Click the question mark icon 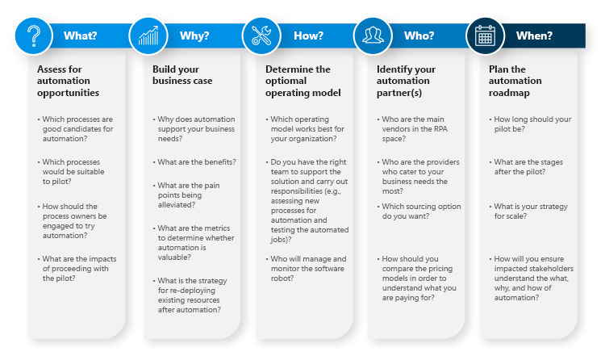34,36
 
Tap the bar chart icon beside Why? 148,36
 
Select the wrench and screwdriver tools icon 261,36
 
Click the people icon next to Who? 373,36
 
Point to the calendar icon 485,36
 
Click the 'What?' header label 80,36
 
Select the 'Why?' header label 194,36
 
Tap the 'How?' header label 308,36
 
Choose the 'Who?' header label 419,36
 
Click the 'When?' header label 534,36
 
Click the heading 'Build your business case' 182,75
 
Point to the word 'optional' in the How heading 286,81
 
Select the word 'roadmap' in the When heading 509,93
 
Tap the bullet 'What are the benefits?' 194,162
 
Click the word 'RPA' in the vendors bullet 440,129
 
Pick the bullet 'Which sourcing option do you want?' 419,211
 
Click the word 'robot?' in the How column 282,278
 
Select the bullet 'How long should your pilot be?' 530,124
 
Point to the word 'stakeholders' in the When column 551,269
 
